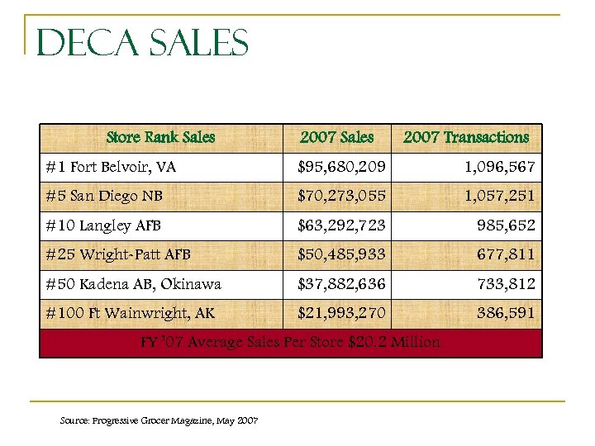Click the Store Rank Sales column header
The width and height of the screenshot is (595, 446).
point(160,137)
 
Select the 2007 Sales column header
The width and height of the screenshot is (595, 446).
point(336,137)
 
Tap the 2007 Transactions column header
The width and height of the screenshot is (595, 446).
point(465,137)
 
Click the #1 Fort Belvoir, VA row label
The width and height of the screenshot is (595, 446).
point(112,167)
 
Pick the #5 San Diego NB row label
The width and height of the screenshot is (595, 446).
point(103,197)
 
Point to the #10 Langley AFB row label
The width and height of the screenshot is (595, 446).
point(103,225)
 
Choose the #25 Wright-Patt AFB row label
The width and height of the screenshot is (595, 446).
point(118,254)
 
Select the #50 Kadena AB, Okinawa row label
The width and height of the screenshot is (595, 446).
point(134,284)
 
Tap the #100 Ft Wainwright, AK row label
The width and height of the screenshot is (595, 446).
point(131,313)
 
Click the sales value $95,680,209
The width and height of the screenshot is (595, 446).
point(341,167)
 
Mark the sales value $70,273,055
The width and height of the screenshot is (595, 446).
point(341,197)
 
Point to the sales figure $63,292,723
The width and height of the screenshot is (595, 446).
point(341,225)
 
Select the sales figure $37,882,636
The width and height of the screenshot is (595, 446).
point(341,284)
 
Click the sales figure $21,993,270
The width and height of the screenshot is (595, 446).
point(341,313)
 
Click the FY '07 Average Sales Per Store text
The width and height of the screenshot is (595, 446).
point(290,342)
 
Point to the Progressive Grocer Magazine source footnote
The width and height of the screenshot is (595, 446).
point(159,421)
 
